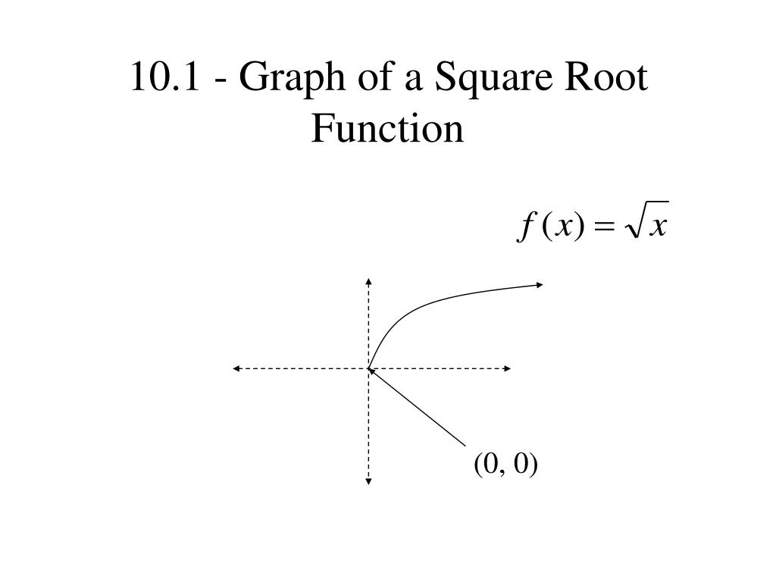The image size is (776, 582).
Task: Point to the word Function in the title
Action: point(387,129)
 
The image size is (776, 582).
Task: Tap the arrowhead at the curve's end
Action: point(540,284)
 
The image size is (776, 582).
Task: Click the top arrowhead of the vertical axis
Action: point(368,280)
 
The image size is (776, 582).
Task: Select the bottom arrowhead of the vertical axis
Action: point(368,480)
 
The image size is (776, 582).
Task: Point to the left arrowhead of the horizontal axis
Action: point(236,368)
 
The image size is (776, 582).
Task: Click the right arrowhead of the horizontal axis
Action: point(507,368)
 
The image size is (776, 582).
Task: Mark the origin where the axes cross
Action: point(369,368)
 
